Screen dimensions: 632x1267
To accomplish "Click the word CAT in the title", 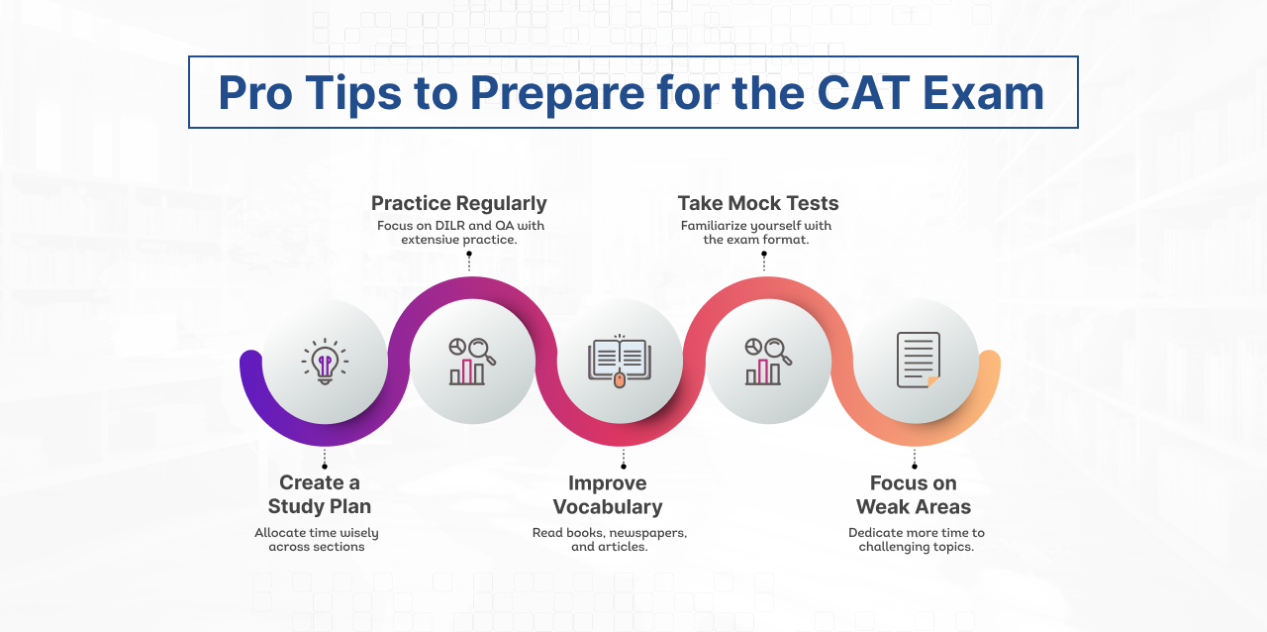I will click(x=864, y=93).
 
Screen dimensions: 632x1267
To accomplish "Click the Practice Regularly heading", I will click(x=458, y=203).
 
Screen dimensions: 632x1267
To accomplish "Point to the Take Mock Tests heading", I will click(x=757, y=203).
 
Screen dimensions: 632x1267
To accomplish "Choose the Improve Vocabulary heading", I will click(x=608, y=495).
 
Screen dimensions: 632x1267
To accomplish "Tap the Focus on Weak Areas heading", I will click(x=913, y=495).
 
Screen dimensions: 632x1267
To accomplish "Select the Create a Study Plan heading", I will click(x=319, y=494).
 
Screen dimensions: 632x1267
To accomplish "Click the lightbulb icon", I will click(x=325, y=362).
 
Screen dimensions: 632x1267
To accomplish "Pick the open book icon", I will click(x=619, y=362).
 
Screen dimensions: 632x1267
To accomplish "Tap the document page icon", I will click(x=917, y=360).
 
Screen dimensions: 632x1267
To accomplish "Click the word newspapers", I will click(x=649, y=533).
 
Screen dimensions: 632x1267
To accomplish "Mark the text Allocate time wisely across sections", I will click(x=317, y=540).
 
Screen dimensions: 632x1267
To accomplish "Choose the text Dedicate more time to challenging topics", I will click(x=916, y=540).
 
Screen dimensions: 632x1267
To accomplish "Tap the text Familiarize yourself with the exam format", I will click(x=756, y=233).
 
